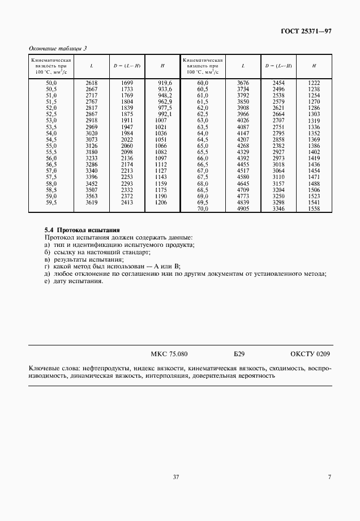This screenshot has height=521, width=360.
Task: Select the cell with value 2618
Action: pos(91,83)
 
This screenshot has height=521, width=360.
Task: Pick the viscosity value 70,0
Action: pos(203,208)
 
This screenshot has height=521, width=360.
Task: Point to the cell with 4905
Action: pos(242,208)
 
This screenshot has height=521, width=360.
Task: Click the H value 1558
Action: pos(314,208)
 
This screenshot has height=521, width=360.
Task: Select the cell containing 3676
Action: pos(242,83)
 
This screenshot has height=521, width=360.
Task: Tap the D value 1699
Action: pos(127,83)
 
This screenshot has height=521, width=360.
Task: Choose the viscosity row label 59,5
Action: pos(51,202)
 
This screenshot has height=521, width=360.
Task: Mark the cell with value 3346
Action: pos(278,208)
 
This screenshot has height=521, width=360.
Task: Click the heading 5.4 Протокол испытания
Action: pos(82,230)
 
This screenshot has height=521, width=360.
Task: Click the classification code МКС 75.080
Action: pos(169,355)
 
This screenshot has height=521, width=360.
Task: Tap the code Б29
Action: pos(238,355)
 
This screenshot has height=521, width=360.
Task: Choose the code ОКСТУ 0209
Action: pos(310,355)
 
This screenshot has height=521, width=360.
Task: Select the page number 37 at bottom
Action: pos(175,477)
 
